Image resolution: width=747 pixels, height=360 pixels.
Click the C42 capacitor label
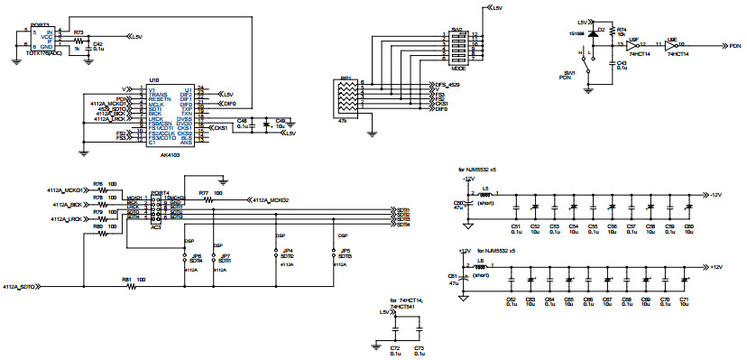coord(98,42)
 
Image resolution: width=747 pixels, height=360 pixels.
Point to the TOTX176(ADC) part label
coord(42,53)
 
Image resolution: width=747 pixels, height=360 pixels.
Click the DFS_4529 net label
coord(447,84)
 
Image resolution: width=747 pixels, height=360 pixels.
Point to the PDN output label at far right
coord(734,45)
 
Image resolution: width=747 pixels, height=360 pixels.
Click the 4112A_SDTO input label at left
coord(20,286)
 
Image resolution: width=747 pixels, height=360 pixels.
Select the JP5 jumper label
coord(345,250)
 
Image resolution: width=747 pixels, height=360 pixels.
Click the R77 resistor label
coord(204,192)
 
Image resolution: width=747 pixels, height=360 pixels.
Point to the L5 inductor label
coord(484,189)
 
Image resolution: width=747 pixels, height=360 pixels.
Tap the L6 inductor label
coord(480,261)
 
